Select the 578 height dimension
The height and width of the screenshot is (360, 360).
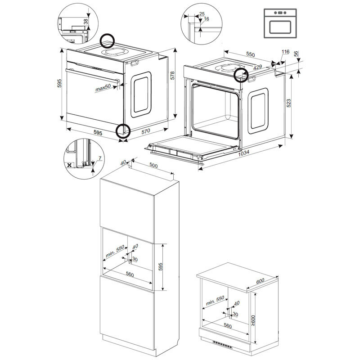click(172, 76)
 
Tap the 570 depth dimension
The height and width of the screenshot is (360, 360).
click(145, 131)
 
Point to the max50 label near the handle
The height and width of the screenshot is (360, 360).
click(103, 89)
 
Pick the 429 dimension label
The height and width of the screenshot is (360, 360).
click(257, 66)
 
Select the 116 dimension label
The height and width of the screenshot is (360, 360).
click(284, 53)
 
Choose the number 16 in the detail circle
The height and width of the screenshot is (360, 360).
click(207, 19)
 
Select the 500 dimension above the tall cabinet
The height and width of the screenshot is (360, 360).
click(153, 166)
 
